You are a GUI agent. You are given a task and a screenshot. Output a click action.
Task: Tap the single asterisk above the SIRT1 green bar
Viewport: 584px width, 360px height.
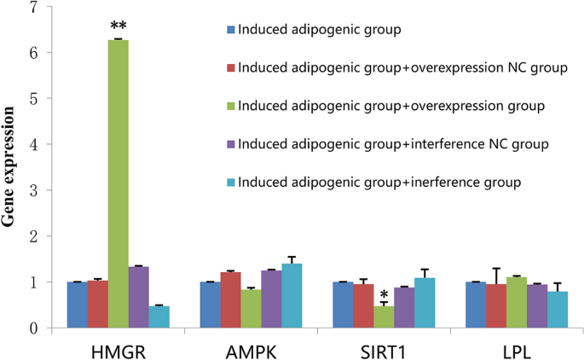pos(384,294)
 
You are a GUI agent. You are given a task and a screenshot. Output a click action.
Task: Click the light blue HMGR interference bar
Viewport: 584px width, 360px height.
pos(159,316)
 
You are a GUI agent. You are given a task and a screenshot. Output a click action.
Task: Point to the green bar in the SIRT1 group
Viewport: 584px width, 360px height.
pos(384,316)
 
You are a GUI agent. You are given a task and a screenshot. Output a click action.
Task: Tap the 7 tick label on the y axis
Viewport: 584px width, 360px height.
pos(33,8)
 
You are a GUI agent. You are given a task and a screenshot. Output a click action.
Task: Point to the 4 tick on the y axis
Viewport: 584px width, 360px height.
pos(33,145)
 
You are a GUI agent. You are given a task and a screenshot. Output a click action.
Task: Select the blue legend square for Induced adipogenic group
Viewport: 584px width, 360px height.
pos(230,31)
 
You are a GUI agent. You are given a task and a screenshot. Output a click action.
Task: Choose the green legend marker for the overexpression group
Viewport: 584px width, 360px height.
pos(230,106)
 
